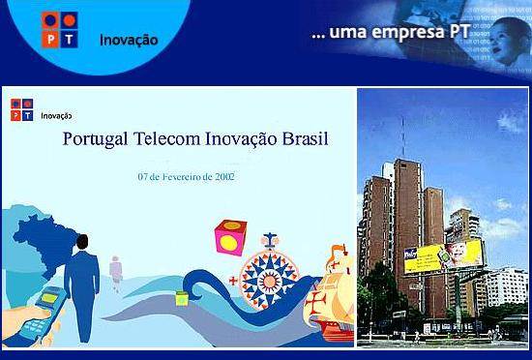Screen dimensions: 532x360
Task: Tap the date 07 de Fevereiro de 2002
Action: pos(186,177)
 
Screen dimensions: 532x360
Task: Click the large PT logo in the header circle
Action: pos(60,30)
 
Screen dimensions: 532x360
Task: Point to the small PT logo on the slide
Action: pos(21,109)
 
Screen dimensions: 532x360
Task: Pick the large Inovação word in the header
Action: pos(129,40)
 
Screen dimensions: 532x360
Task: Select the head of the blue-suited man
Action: pos(82,242)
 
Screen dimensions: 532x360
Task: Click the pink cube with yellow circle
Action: pos(230,237)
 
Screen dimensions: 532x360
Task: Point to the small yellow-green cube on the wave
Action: pos(182,299)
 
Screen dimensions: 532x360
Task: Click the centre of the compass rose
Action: pos(270,281)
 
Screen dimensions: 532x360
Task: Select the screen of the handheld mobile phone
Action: pos(49,298)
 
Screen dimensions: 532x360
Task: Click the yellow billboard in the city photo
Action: pos(444,256)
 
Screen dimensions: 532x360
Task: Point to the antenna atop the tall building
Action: pos(403,138)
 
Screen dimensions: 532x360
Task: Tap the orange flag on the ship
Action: pos(337,251)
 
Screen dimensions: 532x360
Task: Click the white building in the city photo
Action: pos(507,286)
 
